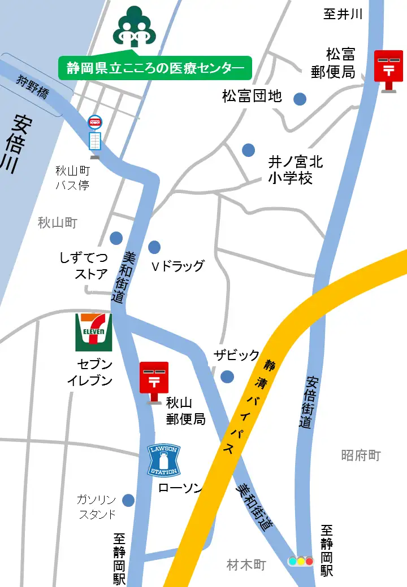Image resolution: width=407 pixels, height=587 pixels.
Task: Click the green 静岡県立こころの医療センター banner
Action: [x=155, y=68]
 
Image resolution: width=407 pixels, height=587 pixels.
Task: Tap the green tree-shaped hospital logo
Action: [x=133, y=26]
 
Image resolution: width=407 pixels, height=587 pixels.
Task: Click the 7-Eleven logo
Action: [x=94, y=332]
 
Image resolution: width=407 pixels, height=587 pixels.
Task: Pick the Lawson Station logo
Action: [x=163, y=460]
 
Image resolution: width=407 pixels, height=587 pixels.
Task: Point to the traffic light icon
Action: [x=301, y=561]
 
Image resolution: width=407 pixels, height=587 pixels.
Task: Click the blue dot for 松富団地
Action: [x=300, y=99]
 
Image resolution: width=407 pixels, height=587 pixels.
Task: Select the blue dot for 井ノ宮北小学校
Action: [x=248, y=150]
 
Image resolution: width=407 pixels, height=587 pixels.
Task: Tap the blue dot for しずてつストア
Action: [x=116, y=238]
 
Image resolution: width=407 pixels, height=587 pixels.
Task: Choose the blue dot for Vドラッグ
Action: [x=154, y=247]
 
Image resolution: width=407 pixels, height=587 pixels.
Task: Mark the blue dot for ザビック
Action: [x=227, y=376]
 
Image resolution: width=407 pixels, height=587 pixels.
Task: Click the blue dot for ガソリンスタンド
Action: [x=128, y=500]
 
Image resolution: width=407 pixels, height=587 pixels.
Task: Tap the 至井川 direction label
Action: [x=343, y=14]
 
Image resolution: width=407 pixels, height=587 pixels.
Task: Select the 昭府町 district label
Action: [x=361, y=455]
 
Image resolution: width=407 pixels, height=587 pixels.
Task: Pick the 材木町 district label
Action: [x=246, y=564]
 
